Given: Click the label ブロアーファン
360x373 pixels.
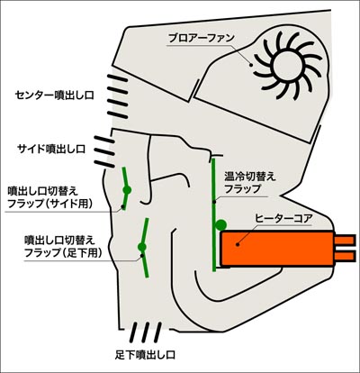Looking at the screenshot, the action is [x=201, y=38].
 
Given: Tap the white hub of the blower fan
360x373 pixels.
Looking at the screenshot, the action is [x=287, y=66].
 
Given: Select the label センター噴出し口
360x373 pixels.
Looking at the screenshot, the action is [x=55, y=96].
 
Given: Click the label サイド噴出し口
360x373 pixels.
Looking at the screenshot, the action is [x=51, y=149].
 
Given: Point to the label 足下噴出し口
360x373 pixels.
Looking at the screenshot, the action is [x=145, y=355].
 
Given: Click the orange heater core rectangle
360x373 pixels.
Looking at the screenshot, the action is [x=277, y=249].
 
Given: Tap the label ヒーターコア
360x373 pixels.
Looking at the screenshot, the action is [x=283, y=218].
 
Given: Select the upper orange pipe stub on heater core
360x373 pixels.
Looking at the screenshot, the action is [x=345, y=241].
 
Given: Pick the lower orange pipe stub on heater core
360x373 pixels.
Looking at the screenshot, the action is [x=345, y=256].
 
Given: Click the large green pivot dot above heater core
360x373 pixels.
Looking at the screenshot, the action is [x=221, y=225].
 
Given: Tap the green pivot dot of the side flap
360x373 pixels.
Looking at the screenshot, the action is [x=127, y=190].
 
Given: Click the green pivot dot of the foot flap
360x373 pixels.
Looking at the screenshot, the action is [x=142, y=247].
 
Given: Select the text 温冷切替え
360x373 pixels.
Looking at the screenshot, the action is [x=250, y=177].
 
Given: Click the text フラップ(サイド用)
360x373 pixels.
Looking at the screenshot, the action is [x=49, y=204].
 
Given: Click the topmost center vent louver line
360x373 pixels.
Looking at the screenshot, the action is [x=118, y=78].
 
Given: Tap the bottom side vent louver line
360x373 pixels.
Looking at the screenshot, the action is [x=104, y=164].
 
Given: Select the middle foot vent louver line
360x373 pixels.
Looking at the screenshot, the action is [x=145, y=332].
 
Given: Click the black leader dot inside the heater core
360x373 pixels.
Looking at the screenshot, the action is [x=238, y=245].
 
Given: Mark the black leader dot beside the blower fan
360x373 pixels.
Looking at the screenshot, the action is [x=251, y=64].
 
